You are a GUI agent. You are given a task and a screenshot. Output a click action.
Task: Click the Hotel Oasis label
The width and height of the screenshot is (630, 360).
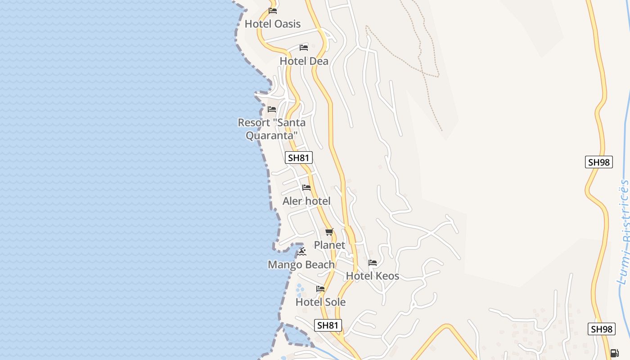point(272,24)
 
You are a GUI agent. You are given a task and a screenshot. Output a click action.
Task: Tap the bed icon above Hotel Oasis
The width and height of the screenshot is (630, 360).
point(273,10)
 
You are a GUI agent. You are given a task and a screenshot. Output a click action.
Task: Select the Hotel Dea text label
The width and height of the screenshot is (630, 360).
point(304,61)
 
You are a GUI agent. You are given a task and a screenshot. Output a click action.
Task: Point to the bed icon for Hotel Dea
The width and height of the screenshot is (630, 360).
point(304,48)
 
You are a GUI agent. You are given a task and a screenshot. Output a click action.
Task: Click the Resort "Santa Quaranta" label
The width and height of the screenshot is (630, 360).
point(271,129)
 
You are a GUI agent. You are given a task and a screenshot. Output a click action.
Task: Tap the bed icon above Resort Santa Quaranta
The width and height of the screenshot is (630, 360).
point(272,109)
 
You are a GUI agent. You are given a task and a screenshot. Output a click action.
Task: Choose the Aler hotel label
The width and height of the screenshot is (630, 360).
point(306,201)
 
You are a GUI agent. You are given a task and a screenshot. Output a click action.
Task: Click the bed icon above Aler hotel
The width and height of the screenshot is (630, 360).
point(306,187)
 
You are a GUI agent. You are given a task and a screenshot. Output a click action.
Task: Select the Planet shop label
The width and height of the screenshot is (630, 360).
point(329,245)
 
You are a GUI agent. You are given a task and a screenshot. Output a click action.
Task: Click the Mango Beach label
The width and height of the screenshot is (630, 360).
point(301,265)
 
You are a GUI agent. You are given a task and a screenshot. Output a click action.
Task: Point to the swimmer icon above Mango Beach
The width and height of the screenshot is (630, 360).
point(301,251)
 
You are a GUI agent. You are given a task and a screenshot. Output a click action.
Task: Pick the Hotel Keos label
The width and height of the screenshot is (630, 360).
point(372,276)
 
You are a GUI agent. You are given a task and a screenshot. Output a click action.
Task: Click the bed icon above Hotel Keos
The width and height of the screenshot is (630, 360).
point(373,262)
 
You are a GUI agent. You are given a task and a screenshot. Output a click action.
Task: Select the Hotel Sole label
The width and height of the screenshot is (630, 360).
point(320,302)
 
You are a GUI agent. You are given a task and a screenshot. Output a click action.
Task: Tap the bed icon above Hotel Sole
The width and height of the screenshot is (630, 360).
point(320,288)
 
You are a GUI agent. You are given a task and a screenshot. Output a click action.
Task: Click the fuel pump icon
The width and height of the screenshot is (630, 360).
point(614,353)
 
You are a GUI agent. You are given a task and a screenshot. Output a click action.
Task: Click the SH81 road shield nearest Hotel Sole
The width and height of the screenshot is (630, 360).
point(327,325)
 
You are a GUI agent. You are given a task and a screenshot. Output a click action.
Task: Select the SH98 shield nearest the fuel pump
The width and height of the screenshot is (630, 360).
point(601,329)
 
